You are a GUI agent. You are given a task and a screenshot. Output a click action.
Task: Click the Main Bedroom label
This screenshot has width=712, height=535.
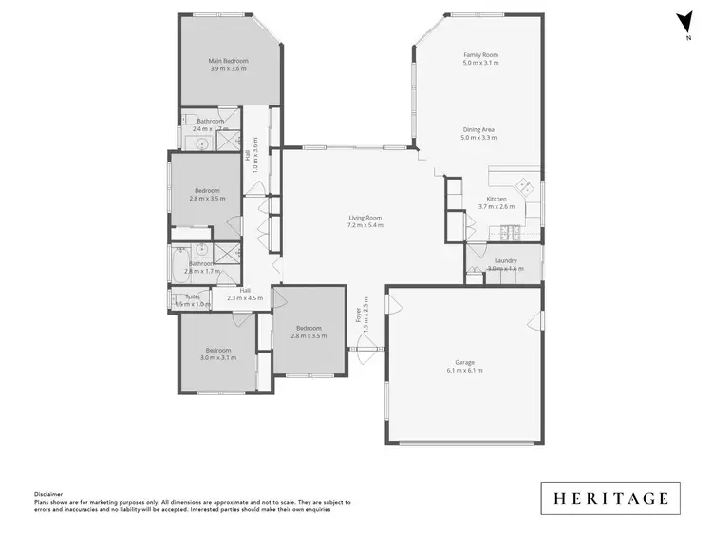[x=228, y=61]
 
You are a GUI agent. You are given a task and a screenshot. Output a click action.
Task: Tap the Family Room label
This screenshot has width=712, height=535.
[x=480, y=55]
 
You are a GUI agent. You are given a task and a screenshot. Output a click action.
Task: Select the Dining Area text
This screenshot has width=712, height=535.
[x=478, y=129]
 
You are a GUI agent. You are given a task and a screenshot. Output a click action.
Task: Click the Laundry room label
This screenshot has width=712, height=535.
[x=505, y=260]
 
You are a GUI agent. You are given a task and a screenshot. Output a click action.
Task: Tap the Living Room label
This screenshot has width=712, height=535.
[x=365, y=218]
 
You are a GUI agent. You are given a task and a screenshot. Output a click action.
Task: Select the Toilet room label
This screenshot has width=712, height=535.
[x=193, y=296]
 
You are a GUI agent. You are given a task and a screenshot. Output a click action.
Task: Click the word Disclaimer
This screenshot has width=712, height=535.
[x=48, y=494]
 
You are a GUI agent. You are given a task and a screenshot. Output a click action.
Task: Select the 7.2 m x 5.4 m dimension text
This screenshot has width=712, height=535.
[x=365, y=225]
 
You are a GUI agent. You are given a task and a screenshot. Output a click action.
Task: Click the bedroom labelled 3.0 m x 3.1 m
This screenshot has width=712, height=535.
[x=218, y=353]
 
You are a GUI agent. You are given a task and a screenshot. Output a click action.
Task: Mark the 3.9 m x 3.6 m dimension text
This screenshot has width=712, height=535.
[x=228, y=68]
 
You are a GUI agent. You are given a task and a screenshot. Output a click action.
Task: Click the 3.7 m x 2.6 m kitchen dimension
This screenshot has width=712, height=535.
[x=496, y=206]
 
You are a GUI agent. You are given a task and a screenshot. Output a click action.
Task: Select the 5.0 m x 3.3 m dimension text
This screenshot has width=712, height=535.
[x=478, y=137]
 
